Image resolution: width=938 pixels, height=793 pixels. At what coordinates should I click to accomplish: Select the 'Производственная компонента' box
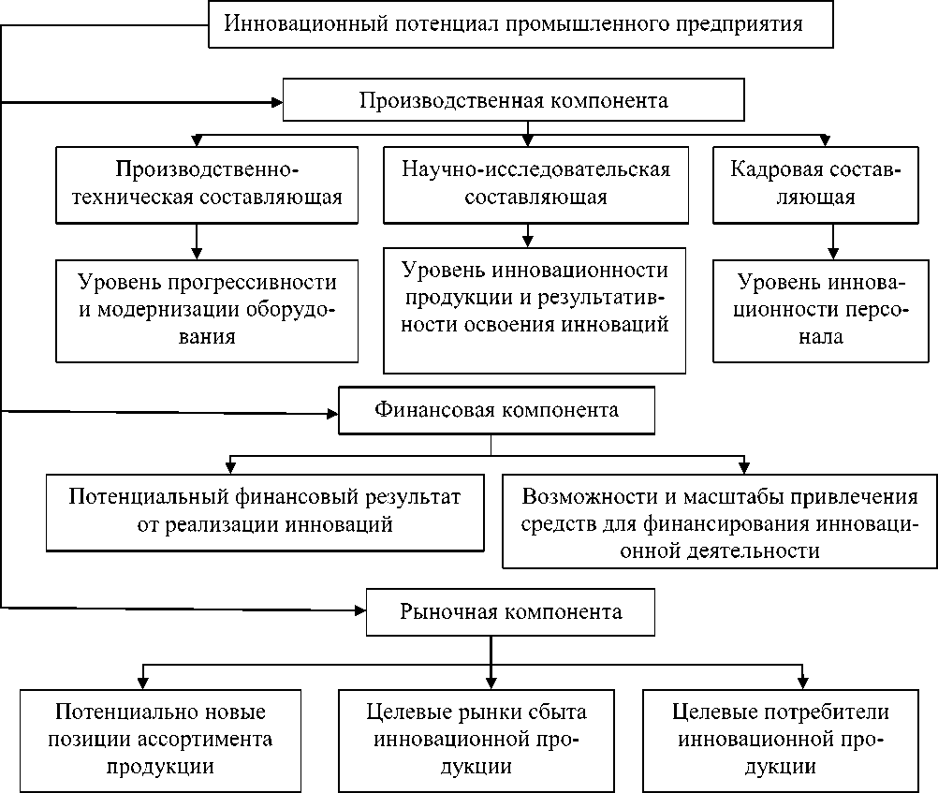coord(514,100)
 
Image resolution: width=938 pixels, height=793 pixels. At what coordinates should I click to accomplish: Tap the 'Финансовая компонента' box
coord(495,411)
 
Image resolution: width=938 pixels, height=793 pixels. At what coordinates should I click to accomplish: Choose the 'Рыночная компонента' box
coord(510,612)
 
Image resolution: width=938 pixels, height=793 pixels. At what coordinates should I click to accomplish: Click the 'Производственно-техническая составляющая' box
coord(207,184)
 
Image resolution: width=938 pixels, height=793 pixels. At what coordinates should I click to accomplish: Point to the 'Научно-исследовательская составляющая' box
coord(535,184)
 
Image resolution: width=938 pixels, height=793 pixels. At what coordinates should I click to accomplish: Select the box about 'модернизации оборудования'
coord(207,310)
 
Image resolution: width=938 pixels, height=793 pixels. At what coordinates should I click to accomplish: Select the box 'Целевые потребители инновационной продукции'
coord(782,740)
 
